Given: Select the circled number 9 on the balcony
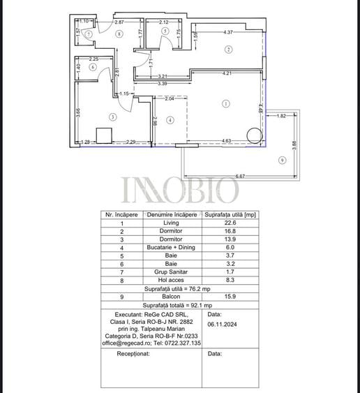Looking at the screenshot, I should point(281,160).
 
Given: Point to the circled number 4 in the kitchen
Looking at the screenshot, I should point(170,120).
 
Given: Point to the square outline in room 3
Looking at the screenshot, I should point(106,135).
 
